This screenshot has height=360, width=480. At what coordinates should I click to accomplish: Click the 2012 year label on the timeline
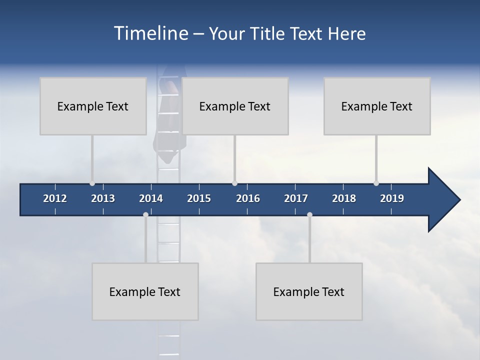point(55,198)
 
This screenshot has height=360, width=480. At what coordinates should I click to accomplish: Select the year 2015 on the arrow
point(199,198)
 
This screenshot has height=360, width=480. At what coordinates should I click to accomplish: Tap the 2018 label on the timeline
point(344,198)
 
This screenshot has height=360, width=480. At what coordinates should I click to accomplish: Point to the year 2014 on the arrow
point(151,198)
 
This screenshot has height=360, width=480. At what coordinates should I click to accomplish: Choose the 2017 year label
point(296,198)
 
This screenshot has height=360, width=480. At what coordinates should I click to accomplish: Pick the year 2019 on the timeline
point(392,198)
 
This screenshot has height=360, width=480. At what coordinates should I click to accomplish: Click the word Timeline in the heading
point(150,33)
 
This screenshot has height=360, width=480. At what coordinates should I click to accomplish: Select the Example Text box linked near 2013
point(93,106)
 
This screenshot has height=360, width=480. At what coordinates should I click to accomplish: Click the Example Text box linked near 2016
point(235,106)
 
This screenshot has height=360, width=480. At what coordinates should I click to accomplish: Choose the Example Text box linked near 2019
point(377,106)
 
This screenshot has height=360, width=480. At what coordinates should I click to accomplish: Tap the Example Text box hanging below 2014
point(145,291)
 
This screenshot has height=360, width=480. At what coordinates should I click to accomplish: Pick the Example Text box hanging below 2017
point(309,291)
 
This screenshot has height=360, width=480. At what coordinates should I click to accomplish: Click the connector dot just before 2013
point(92,183)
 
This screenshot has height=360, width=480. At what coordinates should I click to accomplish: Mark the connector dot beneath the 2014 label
point(145,214)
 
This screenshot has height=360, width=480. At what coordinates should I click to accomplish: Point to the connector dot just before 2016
point(234,183)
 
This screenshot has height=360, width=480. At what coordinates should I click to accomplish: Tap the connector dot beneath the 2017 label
point(309,214)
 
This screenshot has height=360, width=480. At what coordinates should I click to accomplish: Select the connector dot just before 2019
point(376,183)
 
